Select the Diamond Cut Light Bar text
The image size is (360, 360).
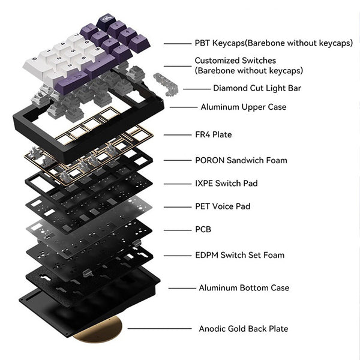(x=257, y=88)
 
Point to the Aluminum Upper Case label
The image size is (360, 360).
(x=243, y=107)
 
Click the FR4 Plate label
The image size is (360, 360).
(x=213, y=135)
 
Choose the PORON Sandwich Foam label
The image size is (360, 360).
(x=241, y=160)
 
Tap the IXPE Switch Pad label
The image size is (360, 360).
(x=226, y=183)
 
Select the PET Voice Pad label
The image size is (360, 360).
(x=222, y=206)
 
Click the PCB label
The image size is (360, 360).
(x=203, y=229)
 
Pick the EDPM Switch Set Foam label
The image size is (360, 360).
(x=239, y=255)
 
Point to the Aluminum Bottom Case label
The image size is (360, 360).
(x=244, y=288)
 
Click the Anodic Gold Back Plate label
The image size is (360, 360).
(x=243, y=329)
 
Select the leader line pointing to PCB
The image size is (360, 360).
(x=177, y=229)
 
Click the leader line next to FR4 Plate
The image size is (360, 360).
(x=177, y=135)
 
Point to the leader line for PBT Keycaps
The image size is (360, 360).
(x=177, y=43)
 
